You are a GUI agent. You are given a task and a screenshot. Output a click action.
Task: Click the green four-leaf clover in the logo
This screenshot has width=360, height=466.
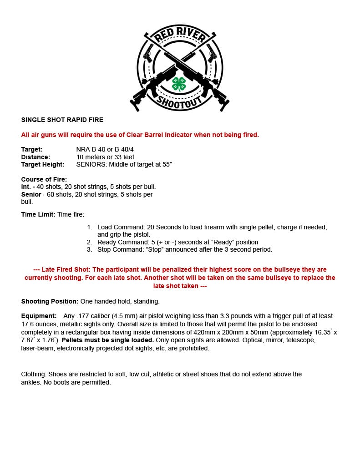tap(179, 84)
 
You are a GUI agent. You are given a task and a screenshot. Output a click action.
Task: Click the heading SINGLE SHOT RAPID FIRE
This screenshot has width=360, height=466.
tap(62, 120)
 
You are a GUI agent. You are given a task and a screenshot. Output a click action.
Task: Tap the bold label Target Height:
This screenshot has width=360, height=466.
tap(43, 164)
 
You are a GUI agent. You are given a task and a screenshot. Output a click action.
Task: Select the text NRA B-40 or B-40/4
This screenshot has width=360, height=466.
tap(105, 149)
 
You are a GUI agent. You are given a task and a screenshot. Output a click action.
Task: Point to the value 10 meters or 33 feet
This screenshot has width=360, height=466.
tap(106, 157)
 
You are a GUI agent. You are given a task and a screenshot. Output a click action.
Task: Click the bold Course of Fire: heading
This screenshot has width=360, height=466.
tap(44, 179)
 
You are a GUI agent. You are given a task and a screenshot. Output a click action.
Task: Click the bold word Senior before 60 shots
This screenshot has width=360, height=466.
tap(31, 194)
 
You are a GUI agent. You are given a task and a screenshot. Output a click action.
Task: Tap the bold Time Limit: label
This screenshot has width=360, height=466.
tap(38, 214)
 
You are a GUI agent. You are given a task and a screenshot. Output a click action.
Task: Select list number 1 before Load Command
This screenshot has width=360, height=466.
tap(90, 227)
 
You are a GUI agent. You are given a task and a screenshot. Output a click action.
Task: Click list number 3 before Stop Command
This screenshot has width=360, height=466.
tap(90, 249)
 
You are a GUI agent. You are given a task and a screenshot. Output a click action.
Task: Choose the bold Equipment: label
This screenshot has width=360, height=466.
tap(39, 316)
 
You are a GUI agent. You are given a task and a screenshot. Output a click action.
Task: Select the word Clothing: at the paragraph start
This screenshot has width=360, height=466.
tap(34, 374)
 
